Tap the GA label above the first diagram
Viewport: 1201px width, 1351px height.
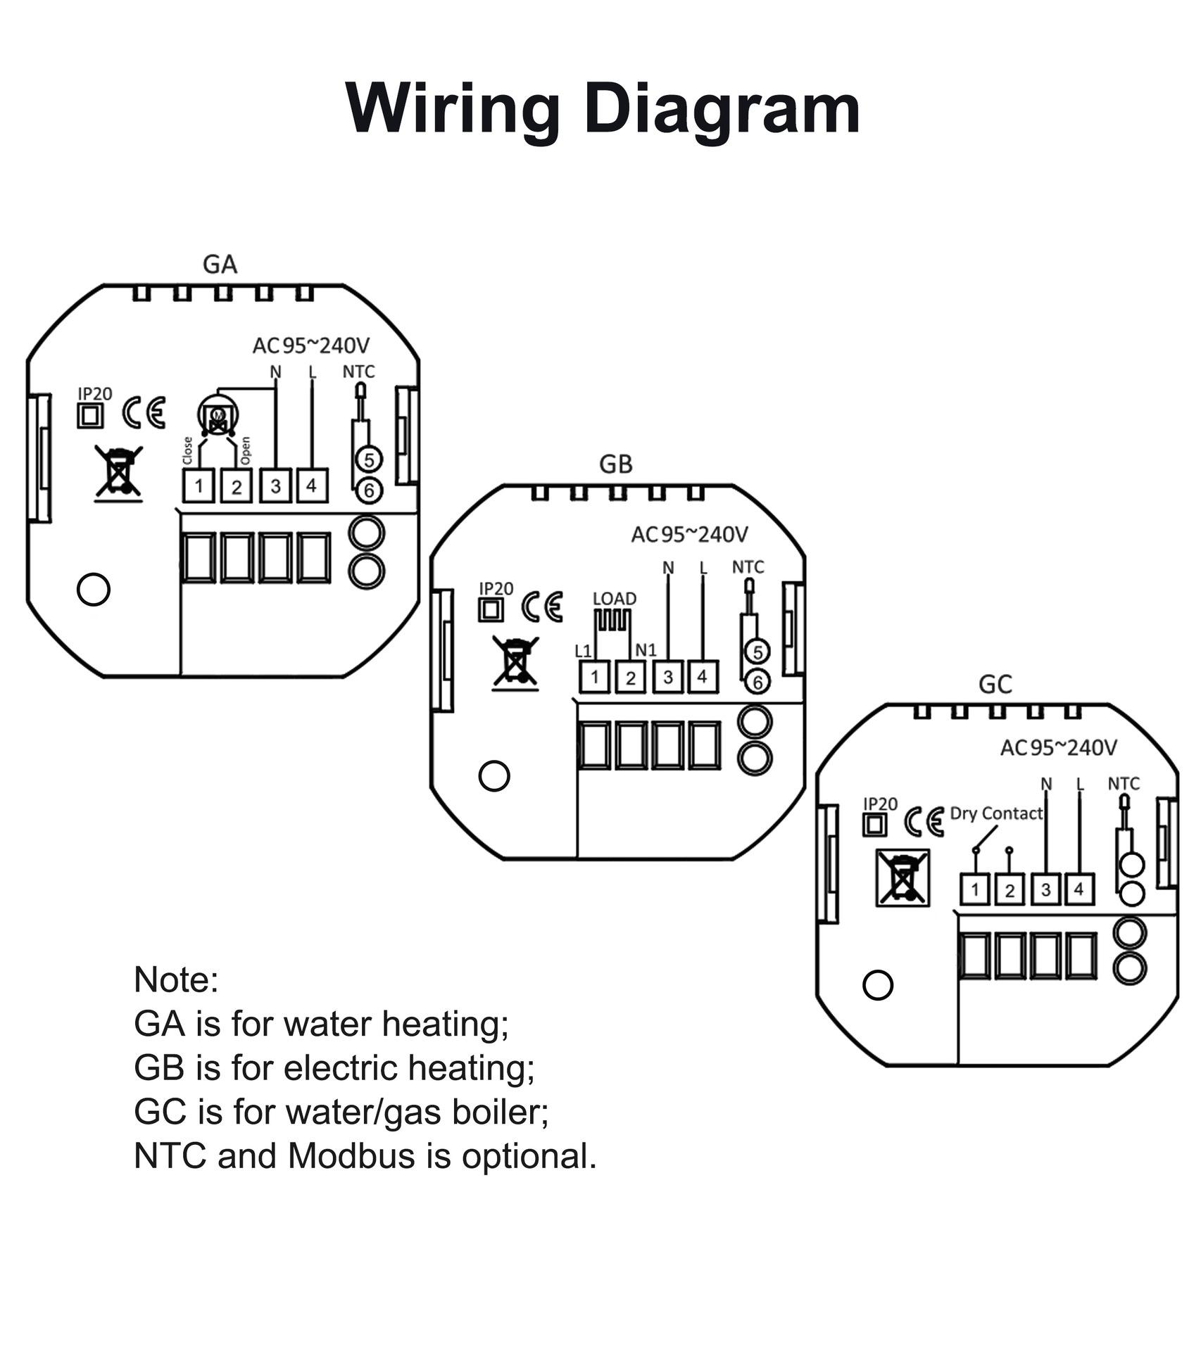220,265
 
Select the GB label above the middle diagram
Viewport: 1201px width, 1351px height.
615,464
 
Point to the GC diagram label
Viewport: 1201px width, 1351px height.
995,684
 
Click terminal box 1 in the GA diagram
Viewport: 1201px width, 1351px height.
199,486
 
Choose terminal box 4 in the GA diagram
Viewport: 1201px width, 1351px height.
312,485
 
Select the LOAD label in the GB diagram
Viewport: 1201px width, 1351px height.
614,599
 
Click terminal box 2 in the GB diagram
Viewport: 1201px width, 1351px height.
631,678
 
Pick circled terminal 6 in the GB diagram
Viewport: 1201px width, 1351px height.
757,682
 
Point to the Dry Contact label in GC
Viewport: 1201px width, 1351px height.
996,813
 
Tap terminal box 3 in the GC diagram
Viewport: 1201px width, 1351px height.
1045,890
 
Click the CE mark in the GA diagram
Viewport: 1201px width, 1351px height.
144,413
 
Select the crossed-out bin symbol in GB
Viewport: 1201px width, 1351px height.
515,661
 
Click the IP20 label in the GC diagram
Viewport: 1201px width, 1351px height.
880,804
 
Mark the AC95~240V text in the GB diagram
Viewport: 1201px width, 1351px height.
688,535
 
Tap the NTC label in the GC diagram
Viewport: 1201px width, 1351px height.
1123,783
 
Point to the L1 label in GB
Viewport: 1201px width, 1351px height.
583,651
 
